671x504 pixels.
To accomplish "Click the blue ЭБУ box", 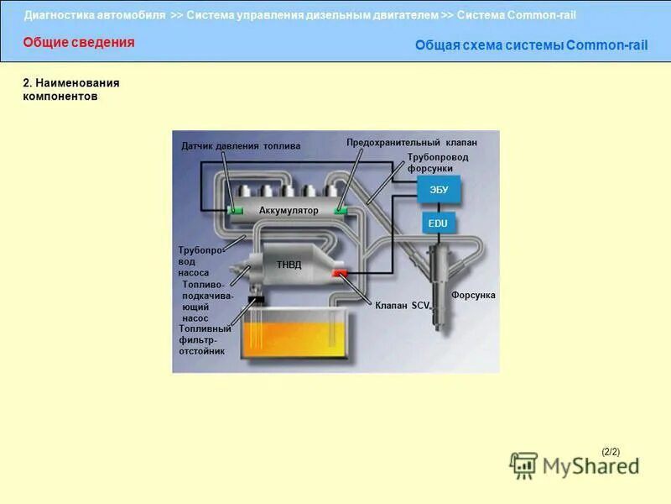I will [439, 190].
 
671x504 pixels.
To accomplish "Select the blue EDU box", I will [438, 223].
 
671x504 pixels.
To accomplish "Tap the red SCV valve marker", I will [340, 275].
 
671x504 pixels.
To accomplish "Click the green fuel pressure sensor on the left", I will [237, 209].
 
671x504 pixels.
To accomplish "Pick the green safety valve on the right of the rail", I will [342, 209].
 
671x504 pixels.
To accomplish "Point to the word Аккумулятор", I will [289, 210].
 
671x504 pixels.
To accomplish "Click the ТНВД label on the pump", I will [289, 265].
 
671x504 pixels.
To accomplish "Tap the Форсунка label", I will [473, 296].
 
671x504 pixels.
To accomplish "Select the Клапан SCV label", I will [402, 306].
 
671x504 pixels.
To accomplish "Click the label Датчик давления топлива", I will [241, 146].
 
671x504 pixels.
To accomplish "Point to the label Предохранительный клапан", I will [412, 143].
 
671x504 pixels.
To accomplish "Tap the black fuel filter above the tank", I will [256, 299].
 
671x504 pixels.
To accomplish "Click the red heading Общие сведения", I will [78, 43].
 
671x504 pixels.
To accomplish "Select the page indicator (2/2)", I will [611, 452].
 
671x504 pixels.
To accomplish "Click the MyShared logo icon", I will [523, 465].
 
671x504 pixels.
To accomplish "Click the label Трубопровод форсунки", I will [438, 163].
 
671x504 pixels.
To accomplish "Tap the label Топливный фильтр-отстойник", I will [204, 340].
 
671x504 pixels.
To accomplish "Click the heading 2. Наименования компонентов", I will [70, 90].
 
